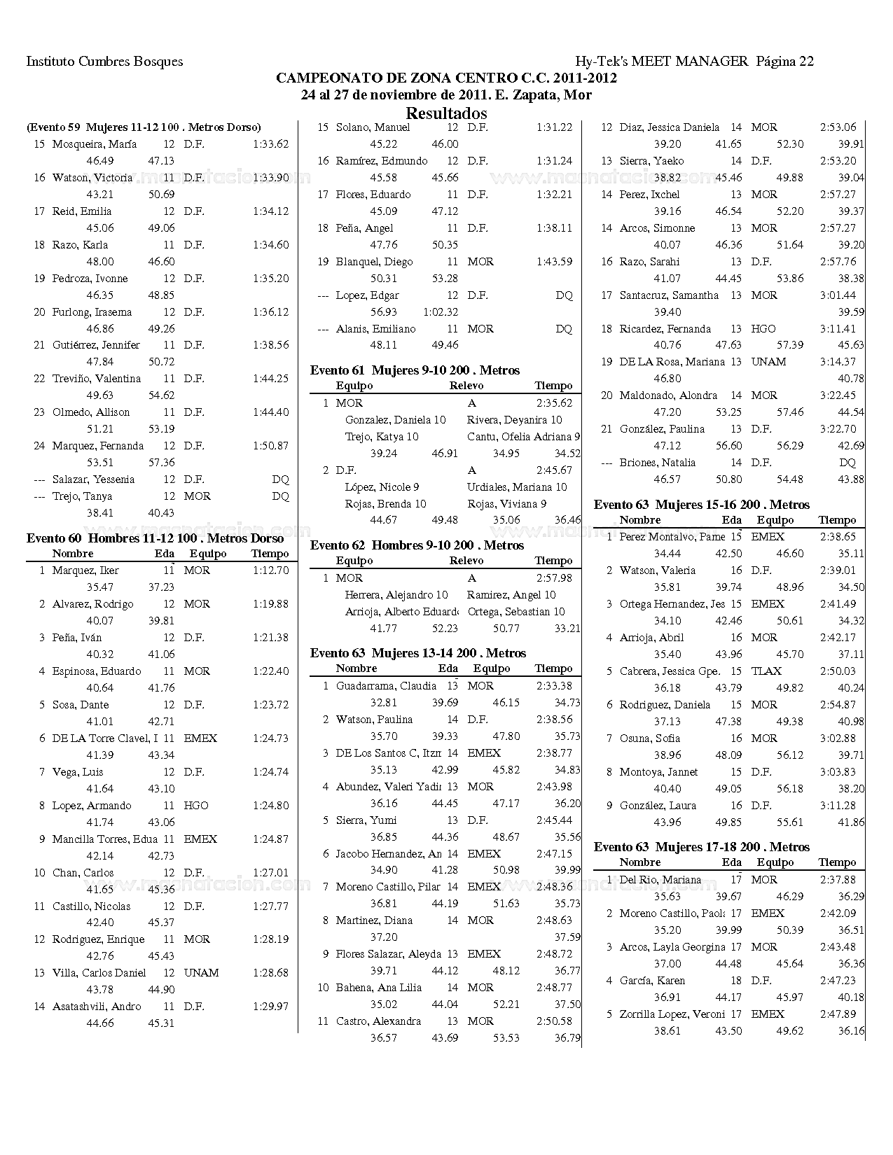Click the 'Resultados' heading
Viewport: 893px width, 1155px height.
click(x=446, y=113)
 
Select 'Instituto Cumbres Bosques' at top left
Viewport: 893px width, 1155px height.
click(x=104, y=62)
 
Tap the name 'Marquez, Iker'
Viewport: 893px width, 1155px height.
click(x=85, y=570)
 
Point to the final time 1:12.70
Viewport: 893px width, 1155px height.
click(x=270, y=570)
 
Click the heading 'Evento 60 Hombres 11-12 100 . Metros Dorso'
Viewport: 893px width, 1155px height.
click(x=155, y=538)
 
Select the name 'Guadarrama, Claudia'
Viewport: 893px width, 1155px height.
click(x=386, y=686)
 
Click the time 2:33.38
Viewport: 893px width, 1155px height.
click(x=554, y=686)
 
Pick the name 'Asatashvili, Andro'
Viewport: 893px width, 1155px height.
click(x=97, y=1007)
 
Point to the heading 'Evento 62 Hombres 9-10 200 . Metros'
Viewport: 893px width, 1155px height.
click(x=417, y=545)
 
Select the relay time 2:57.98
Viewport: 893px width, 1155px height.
click(x=554, y=578)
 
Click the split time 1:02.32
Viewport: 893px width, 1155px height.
click(x=441, y=312)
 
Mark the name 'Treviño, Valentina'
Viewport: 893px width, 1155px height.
click(x=97, y=379)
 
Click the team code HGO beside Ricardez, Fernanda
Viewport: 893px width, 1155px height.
click(x=763, y=329)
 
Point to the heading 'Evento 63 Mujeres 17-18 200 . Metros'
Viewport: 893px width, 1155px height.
click(x=702, y=847)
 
